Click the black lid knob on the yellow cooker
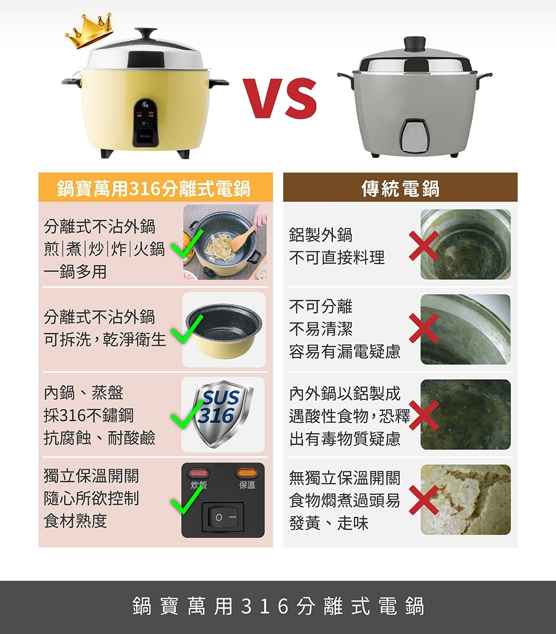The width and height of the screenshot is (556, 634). [x=145, y=34]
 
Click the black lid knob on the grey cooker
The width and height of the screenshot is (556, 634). [x=414, y=43]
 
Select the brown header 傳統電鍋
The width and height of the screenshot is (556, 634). [x=400, y=188]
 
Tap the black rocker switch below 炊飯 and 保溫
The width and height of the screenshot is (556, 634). [x=222, y=517]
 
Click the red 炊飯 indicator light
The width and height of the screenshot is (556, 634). [x=198, y=473]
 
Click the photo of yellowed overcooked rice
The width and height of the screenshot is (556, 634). [x=465, y=499]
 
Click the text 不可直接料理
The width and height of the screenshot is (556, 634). [x=336, y=258]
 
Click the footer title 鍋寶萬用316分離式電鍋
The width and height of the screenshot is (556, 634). [x=278, y=607]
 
